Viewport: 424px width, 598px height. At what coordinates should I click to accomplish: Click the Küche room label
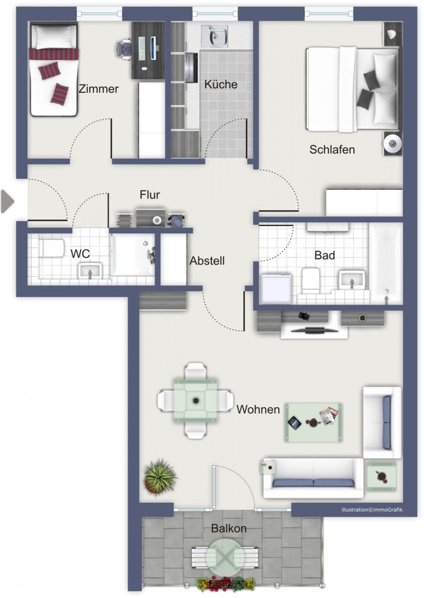pos(220,84)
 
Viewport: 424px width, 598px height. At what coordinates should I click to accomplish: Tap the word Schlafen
pos(332,149)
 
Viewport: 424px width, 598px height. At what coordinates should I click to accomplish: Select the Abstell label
pos(207,261)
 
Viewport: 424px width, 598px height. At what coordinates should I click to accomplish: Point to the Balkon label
pos(229,528)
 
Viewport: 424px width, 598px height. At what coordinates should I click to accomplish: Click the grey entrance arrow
pos(7,201)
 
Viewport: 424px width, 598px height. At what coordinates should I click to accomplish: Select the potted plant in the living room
pos(160,477)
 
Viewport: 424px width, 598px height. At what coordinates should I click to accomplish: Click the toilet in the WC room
pos(53,248)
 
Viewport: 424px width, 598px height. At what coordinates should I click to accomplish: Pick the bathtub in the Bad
pos(386,264)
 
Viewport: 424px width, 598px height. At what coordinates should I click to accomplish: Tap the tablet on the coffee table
pos(294,423)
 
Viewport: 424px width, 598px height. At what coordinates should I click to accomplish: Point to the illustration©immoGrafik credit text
pos(372,509)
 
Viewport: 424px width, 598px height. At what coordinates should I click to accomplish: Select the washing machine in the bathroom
pos(276,288)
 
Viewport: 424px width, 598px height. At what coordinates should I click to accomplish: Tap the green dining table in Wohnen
pos(196,401)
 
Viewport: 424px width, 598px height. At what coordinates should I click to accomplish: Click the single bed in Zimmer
pos(54,70)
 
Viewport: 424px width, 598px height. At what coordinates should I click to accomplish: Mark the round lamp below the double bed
pos(393,144)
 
